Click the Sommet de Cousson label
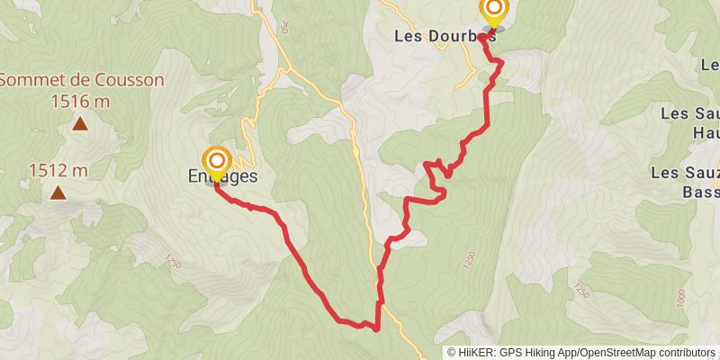click(x=81, y=79)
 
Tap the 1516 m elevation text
click(x=80, y=101)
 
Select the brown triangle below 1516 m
click(x=80, y=125)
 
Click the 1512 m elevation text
click(x=58, y=169)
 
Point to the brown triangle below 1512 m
click(x=58, y=193)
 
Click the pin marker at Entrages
click(x=217, y=161)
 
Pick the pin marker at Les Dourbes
click(x=494, y=11)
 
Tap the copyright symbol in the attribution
click(x=453, y=353)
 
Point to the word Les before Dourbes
click(x=406, y=37)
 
